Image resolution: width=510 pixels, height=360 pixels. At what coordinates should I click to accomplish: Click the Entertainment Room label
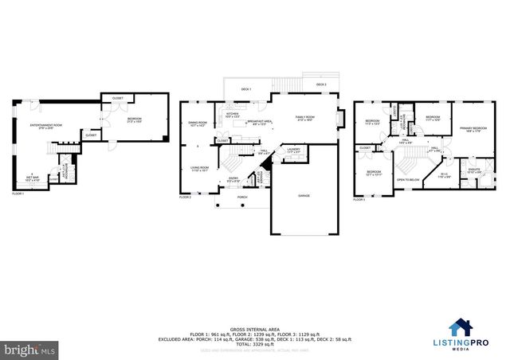[x=46, y=126]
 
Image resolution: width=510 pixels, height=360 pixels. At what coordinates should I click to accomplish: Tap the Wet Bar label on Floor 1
[x=31, y=178]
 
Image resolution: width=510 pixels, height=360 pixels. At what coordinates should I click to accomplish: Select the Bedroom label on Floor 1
[x=133, y=119]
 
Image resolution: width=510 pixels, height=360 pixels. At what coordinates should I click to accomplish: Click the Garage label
[x=304, y=195]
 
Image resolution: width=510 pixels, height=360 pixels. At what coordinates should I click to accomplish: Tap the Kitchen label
[x=233, y=114]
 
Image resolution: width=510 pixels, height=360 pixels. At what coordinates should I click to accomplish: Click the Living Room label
[x=198, y=168]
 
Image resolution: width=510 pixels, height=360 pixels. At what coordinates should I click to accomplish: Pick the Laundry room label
[x=294, y=149]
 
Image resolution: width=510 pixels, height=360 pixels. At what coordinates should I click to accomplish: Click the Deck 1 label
[x=246, y=89]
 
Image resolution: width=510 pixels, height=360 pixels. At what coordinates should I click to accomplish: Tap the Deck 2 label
[x=321, y=84]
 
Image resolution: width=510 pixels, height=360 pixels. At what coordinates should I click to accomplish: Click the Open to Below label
[x=409, y=180]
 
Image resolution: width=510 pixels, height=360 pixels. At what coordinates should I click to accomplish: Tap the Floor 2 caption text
[x=186, y=196]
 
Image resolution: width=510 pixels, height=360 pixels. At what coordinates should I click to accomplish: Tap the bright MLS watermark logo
[x=29, y=349]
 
